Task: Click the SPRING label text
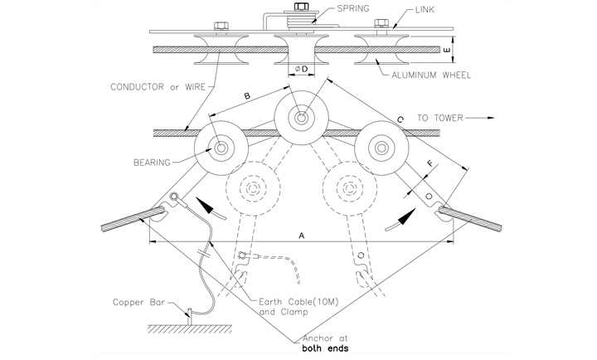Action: (x=353, y=8)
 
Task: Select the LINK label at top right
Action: (x=425, y=10)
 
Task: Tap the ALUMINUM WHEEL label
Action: (x=431, y=75)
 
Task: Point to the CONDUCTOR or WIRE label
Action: (x=158, y=87)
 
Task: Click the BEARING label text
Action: (x=152, y=163)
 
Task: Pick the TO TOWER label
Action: (x=440, y=118)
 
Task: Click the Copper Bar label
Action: (x=138, y=303)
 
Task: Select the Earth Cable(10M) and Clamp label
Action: (x=298, y=307)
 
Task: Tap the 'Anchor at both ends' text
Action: (x=325, y=343)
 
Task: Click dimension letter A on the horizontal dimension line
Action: (x=302, y=236)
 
